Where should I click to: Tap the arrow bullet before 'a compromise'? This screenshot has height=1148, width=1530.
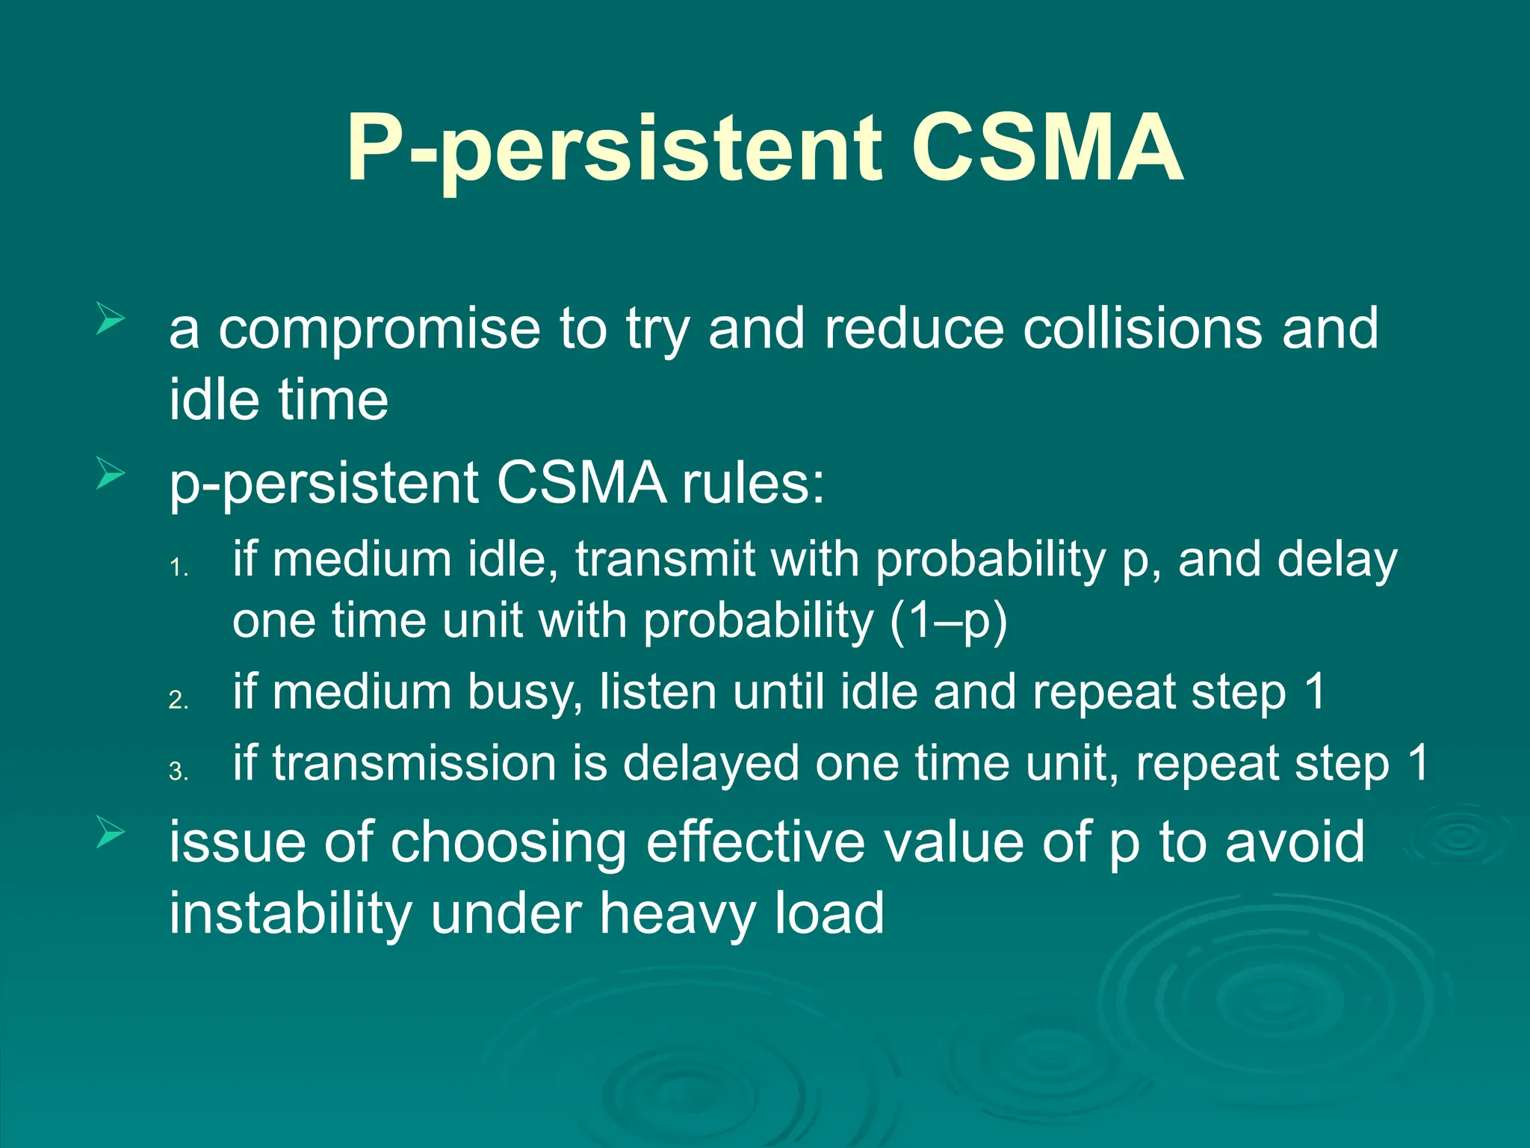click(x=110, y=320)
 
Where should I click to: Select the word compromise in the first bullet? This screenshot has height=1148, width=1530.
click(x=379, y=330)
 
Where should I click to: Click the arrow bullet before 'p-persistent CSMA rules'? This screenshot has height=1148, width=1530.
click(x=110, y=475)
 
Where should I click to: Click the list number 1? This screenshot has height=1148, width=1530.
click(x=178, y=569)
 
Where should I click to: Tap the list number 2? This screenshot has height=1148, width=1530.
click(x=178, y=700)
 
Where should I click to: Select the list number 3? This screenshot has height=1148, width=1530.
click(x=178, y=771)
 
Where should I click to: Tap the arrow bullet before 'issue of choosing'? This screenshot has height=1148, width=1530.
click(x=110, y=833)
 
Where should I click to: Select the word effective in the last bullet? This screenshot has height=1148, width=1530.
click(x=755, y=842)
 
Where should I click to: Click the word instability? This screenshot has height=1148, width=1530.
click(x=291, y=913)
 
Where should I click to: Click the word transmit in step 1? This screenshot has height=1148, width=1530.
click(x=665, y=560)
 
